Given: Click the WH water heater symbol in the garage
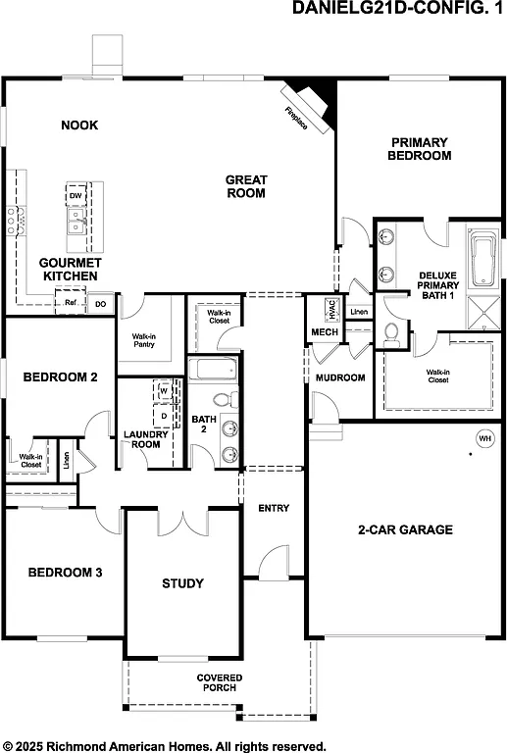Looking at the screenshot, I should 484,437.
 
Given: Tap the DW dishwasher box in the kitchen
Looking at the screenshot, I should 76,196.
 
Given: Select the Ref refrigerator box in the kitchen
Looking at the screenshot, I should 71,304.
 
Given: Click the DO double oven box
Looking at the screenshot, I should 100,305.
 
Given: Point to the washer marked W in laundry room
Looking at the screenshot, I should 164,390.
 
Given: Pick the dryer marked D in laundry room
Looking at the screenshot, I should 164,415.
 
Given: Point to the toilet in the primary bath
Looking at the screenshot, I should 392,333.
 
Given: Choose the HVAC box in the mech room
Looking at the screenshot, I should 331,310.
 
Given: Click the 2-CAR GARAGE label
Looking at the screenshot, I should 405,529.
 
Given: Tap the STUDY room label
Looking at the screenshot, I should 182,583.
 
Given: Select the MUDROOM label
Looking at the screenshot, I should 339,377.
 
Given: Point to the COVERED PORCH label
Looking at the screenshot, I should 219,683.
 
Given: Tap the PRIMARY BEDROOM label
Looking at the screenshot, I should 419,149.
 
